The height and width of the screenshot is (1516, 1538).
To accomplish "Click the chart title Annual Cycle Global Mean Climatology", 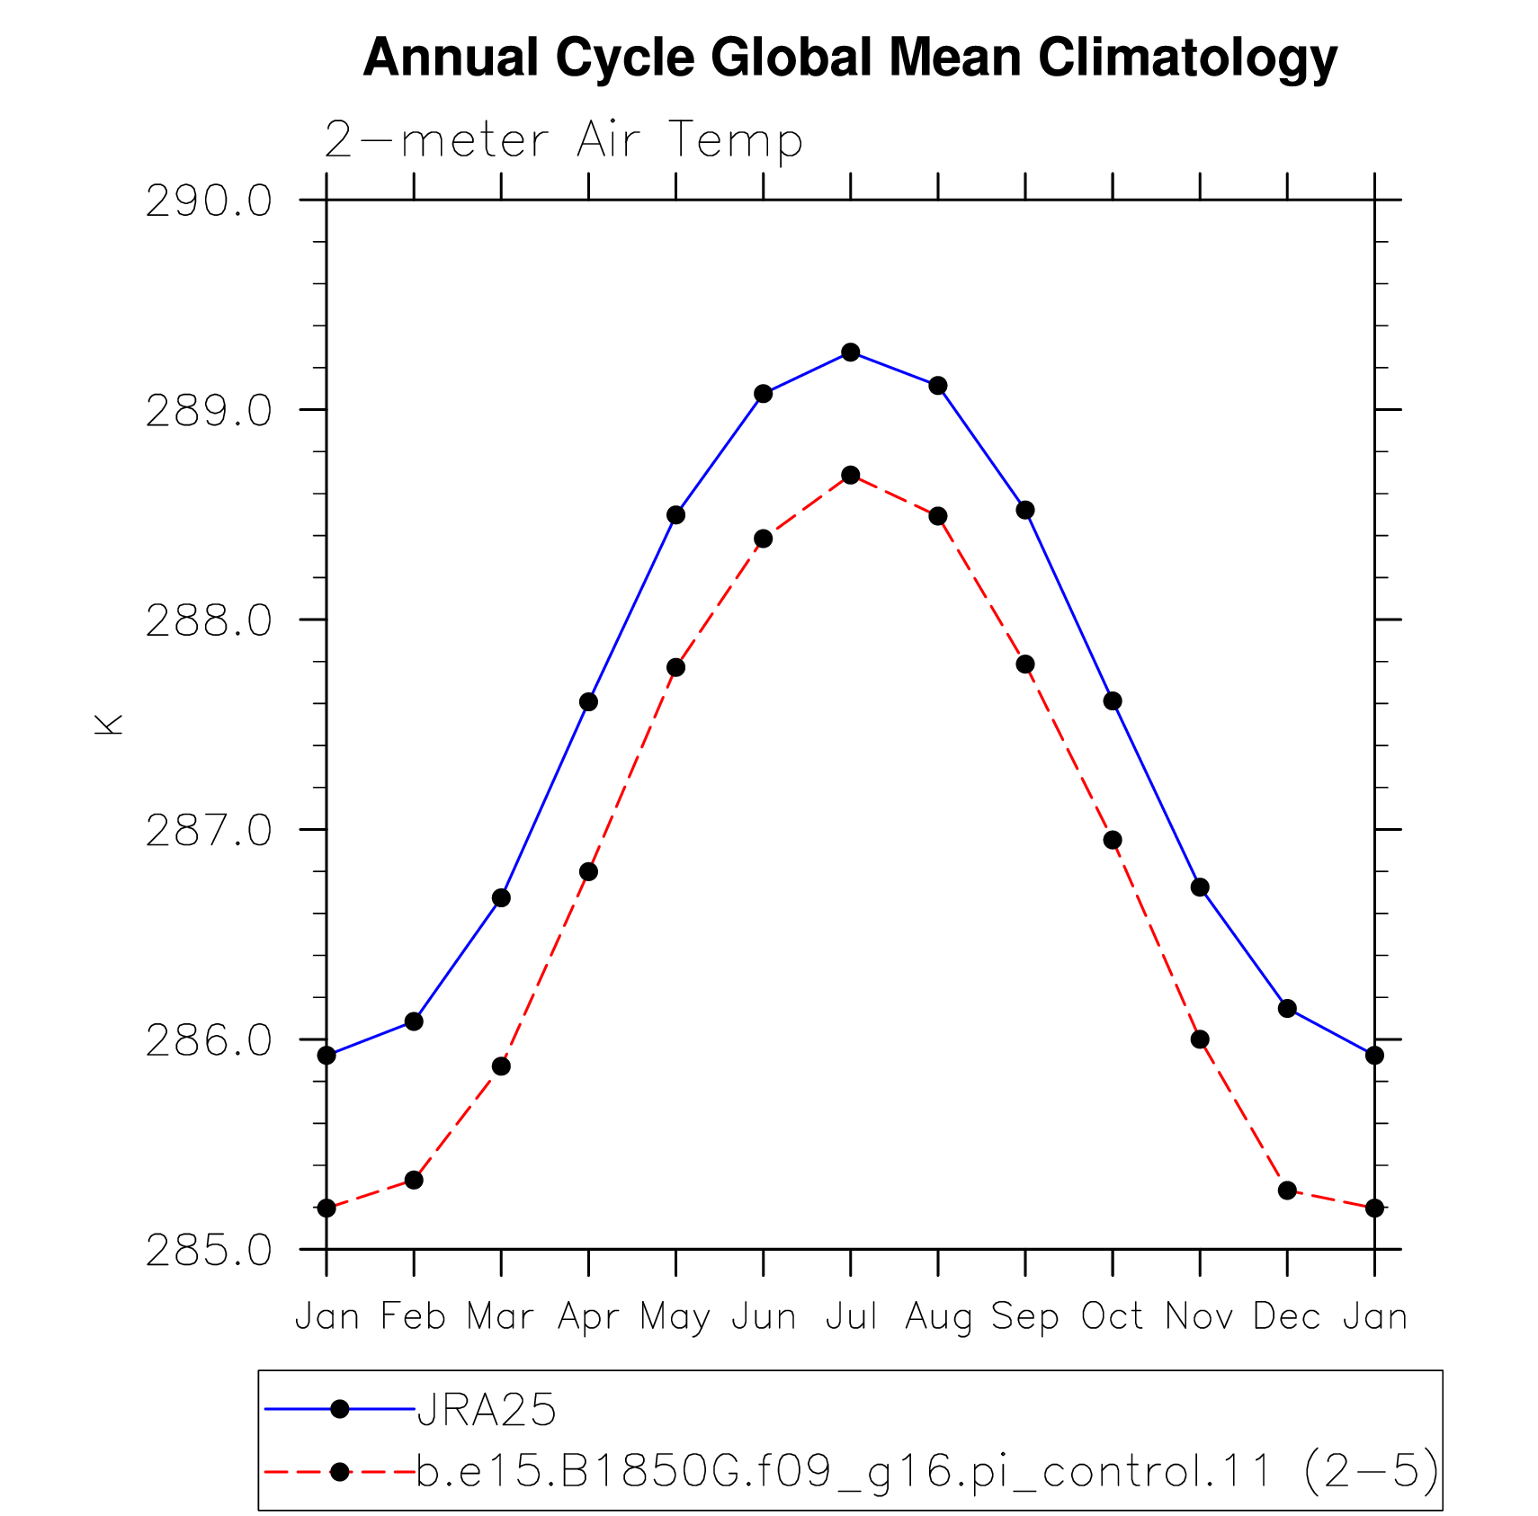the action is coord(850,59).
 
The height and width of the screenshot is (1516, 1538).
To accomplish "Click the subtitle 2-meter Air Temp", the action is coord(563,141).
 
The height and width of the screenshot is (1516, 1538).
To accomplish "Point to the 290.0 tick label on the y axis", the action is coord(209,201).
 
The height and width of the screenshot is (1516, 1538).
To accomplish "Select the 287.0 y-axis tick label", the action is coord(209,830).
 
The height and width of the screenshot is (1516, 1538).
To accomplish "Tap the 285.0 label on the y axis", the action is coord(209,1250).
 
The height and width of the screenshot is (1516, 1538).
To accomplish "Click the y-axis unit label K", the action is coord(108,725).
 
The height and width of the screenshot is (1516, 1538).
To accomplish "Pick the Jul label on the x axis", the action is coord(851,1316).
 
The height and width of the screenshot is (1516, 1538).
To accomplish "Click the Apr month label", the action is coord(589,1318).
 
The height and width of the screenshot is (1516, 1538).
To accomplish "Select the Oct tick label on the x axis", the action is coord(1112,1316).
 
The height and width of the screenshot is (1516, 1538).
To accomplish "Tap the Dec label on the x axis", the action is coord(1287,1316).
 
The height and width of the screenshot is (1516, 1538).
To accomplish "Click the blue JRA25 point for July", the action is coord(851,352).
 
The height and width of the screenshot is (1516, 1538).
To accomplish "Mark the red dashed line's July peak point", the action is coord(851,475).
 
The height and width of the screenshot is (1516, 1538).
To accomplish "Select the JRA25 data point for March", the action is coord(501,898).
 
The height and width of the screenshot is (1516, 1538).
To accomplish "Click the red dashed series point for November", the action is coord(1200,1039).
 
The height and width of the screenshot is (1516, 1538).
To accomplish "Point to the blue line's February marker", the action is coord(414,1021).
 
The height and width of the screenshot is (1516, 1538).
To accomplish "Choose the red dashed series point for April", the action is coord(588,872).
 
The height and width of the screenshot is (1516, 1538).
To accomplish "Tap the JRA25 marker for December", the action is coord(1287,1009).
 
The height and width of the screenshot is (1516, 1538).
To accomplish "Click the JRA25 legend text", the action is coord(487,1410).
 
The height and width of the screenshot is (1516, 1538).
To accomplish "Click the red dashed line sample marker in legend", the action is coord(340,1472).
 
